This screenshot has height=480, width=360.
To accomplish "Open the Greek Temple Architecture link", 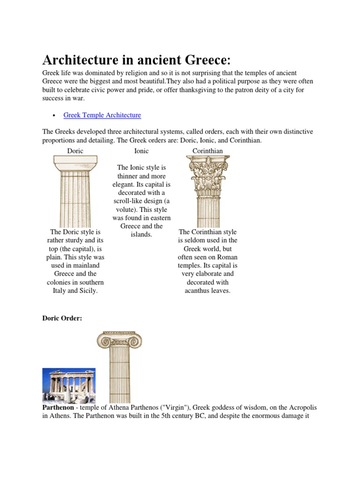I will pos(102,115).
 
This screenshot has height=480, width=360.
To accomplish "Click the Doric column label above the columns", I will pos(75,150).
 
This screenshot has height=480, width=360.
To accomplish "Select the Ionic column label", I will pos(142,150).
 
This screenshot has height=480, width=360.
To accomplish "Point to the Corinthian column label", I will pos(208,150).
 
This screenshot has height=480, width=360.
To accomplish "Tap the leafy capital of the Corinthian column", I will pos(208,176).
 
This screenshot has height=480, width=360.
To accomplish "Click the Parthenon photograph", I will pos(69,385).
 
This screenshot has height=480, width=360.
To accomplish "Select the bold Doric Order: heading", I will pos(62,318).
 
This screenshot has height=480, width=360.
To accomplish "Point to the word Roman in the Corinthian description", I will pos(227,257).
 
